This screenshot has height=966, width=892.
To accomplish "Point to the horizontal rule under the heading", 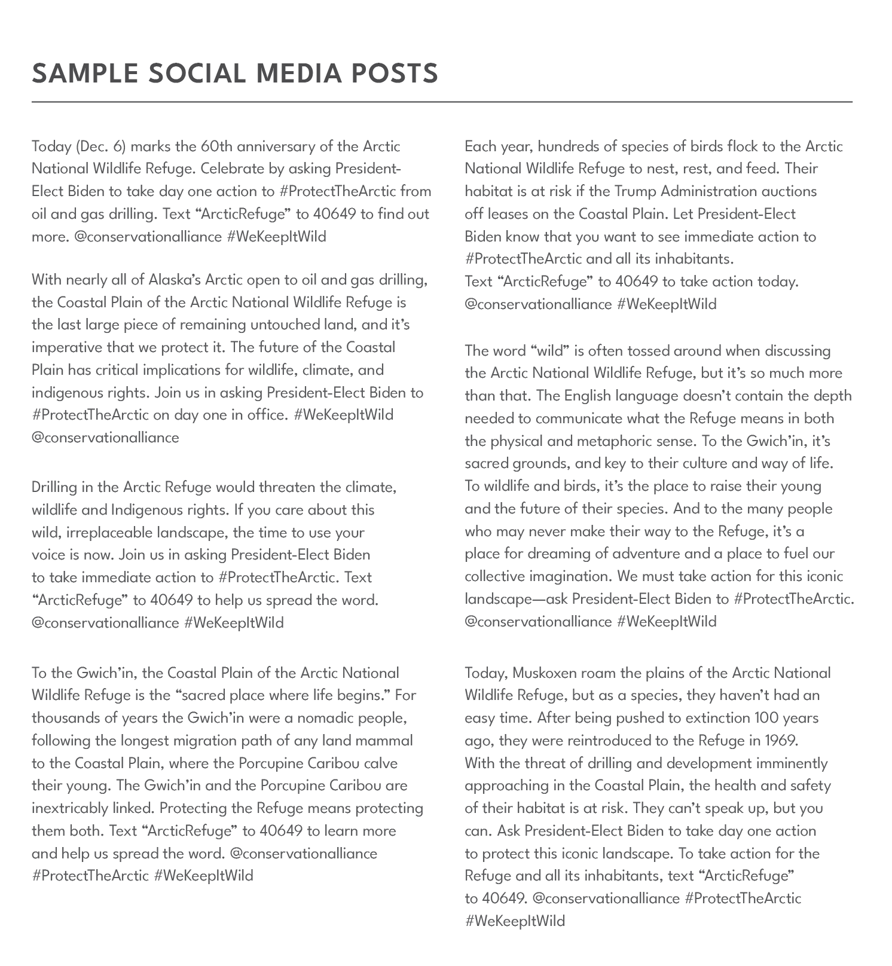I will (442, 102).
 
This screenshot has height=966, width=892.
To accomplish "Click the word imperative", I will (67, 348).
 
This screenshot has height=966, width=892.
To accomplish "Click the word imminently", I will (792, 763).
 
